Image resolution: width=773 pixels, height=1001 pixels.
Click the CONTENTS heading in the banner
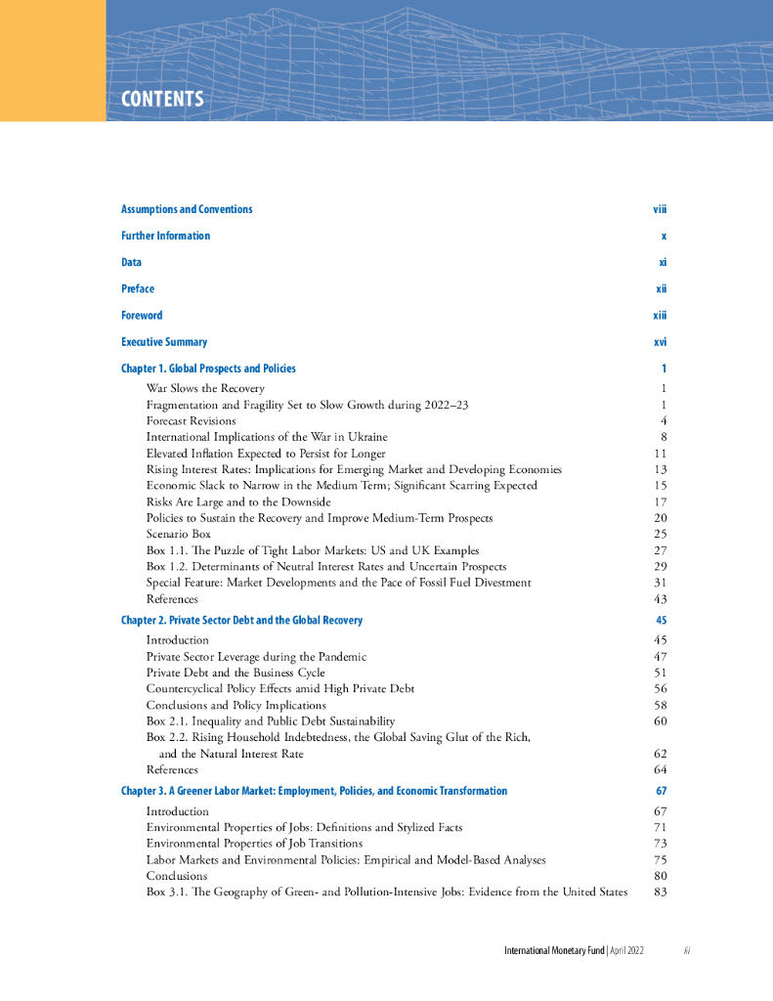pos(162,99)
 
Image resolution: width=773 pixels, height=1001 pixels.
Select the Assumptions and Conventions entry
pos(187,209)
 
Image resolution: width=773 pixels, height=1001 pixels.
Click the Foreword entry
pos(142,316)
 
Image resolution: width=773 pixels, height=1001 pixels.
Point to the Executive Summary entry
pos(164,342)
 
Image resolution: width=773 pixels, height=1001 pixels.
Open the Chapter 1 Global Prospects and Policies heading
pos(208,369)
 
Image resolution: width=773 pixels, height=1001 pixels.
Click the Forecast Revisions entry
pos(191,420)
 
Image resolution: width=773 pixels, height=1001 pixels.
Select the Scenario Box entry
pos(178,534)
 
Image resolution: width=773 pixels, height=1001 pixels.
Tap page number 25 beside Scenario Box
pos(660,534)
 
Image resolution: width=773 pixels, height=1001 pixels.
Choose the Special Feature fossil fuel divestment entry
pos(338,583)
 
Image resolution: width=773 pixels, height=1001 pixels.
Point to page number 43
pos(660,598)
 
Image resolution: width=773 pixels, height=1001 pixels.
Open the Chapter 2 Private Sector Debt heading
pos(241,621)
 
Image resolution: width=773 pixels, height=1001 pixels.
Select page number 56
pos(660,688)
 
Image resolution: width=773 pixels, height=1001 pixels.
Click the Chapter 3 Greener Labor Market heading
pos(314,791)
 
